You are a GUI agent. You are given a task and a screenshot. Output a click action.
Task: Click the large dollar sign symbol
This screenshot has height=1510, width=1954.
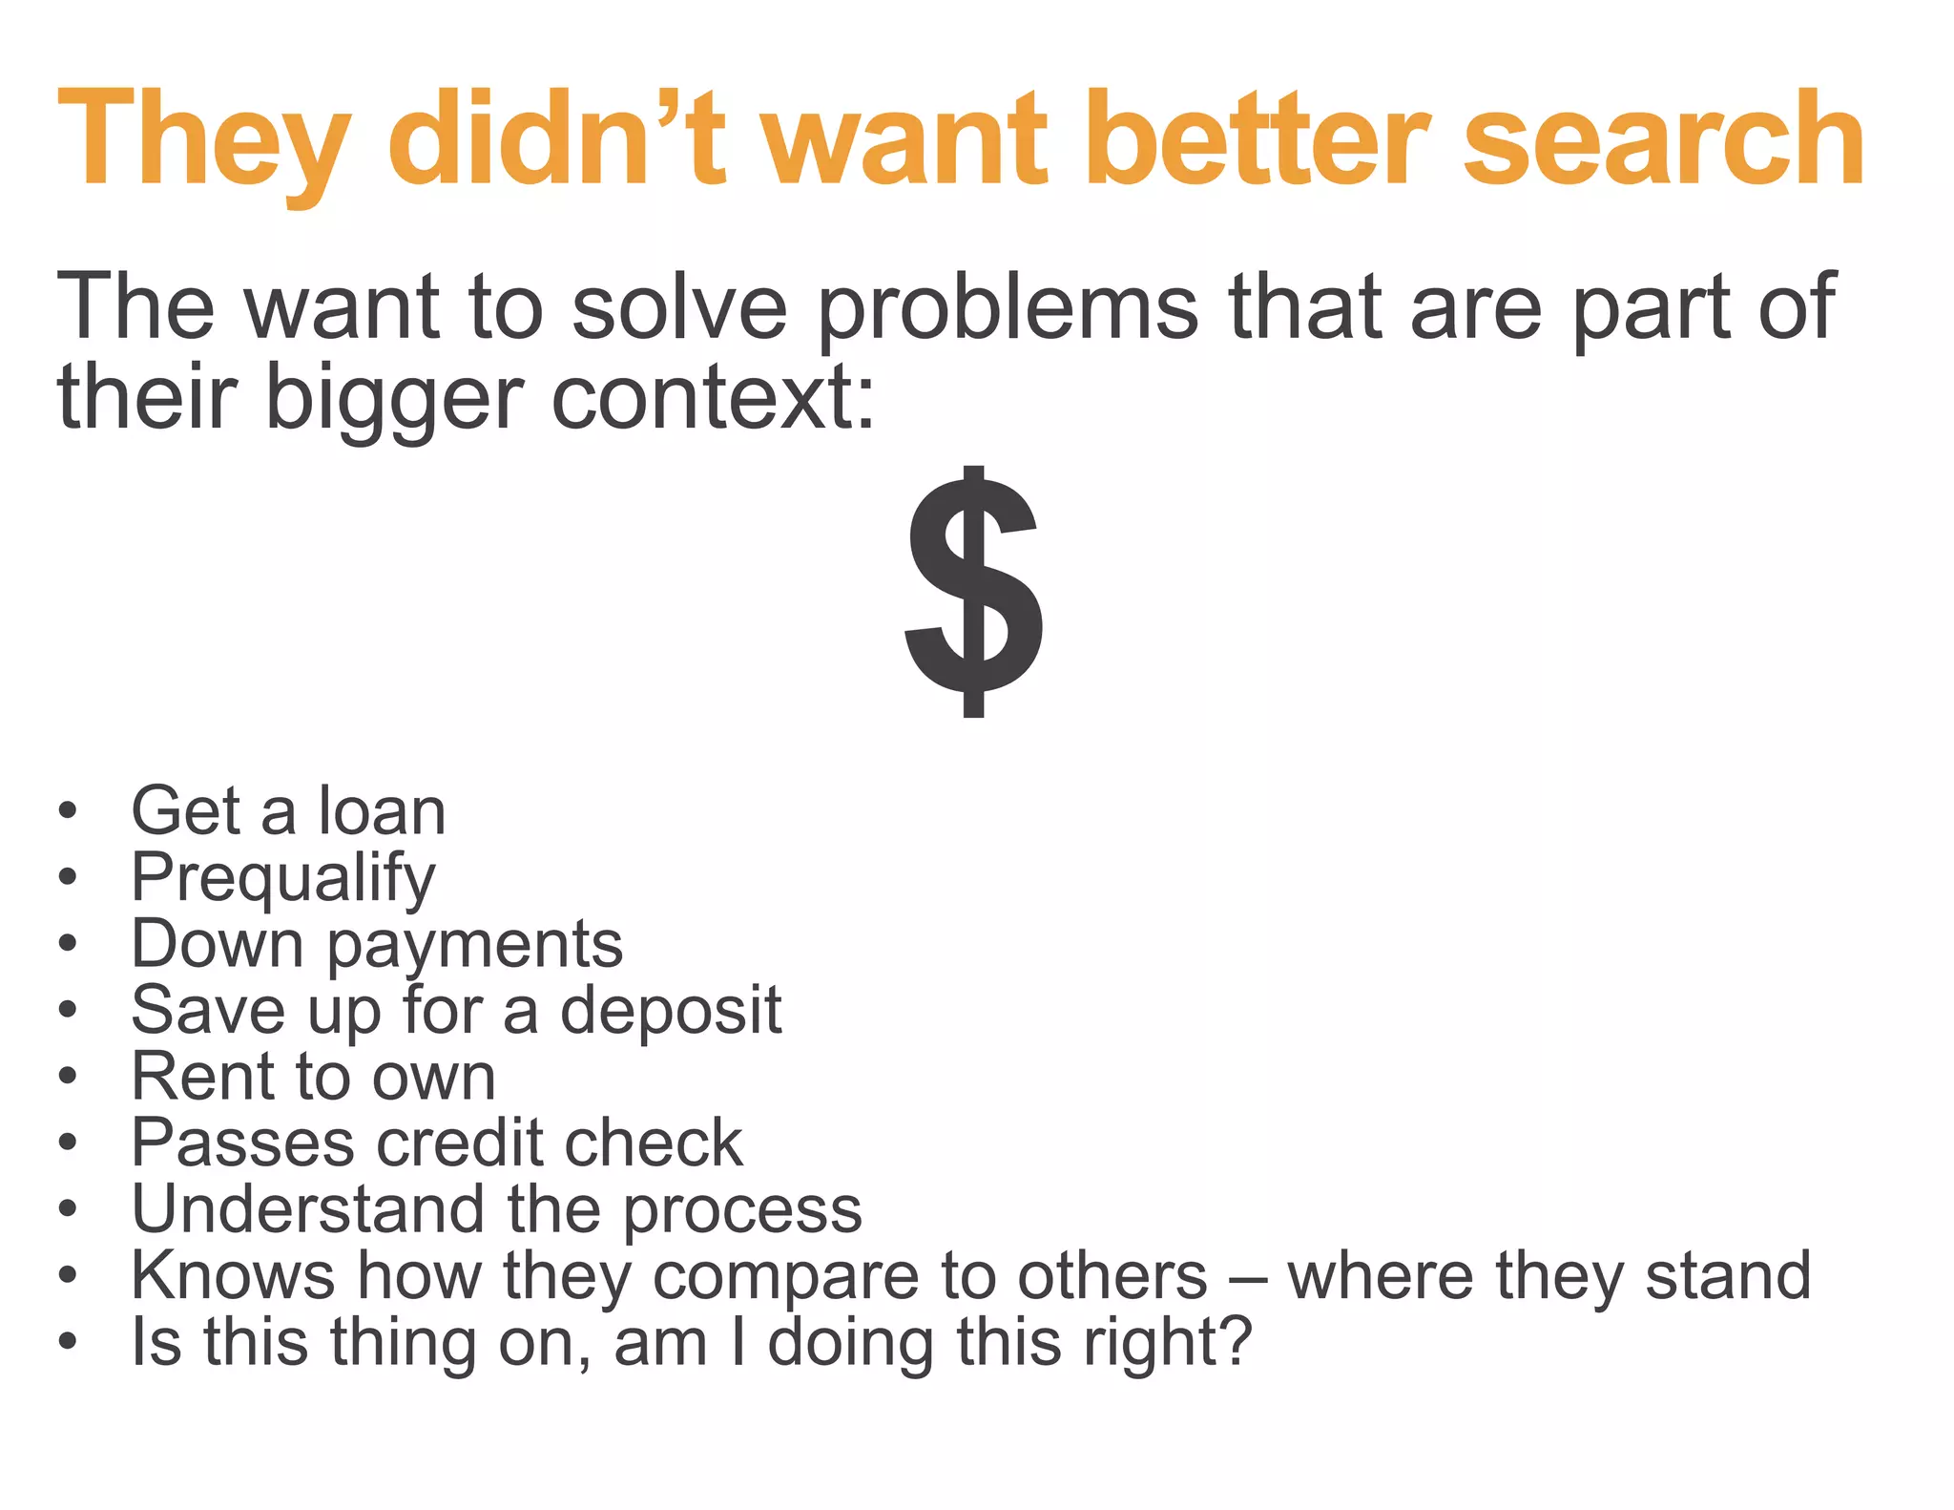tap(974, 592)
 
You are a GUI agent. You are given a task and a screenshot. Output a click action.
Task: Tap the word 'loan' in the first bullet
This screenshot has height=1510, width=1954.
tap(382, 812)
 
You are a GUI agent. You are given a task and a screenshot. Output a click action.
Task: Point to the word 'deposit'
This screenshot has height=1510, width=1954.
tap(671, 1010)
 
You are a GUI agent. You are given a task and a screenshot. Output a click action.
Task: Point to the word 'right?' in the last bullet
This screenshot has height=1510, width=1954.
tap(1167, 1343)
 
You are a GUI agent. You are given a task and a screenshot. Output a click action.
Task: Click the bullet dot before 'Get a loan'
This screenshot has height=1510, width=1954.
tap(67, 811)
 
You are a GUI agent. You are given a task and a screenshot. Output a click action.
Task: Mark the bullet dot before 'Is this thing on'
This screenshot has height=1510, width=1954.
tap(67, 1342)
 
